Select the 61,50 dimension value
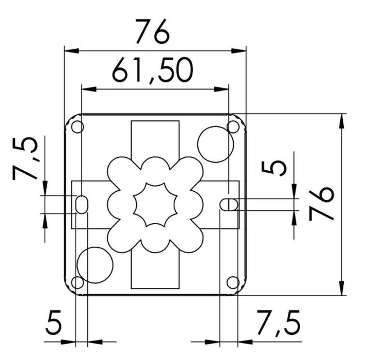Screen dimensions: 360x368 pyautogui.click(x=153, y=71)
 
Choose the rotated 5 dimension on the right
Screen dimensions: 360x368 pyautogui.click(x=278, y=168)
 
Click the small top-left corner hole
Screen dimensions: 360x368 pyautogui.click(x=77, y=126)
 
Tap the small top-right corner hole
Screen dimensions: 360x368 pyautogui.click(x=233, y=126)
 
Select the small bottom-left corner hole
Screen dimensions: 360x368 pyautogui.click(x=77, y=282)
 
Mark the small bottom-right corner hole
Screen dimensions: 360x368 pyautogui.click(x=233, y=282)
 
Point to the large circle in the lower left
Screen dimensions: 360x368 pyautogui.click(x=95, y=264)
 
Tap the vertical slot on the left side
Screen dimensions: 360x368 pyautogui.click(x=81, y=204)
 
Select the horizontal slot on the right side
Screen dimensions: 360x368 pyautogui.click(x=229, y=204)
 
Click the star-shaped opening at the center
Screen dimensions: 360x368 pyautogui.click(x=155, y=204)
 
